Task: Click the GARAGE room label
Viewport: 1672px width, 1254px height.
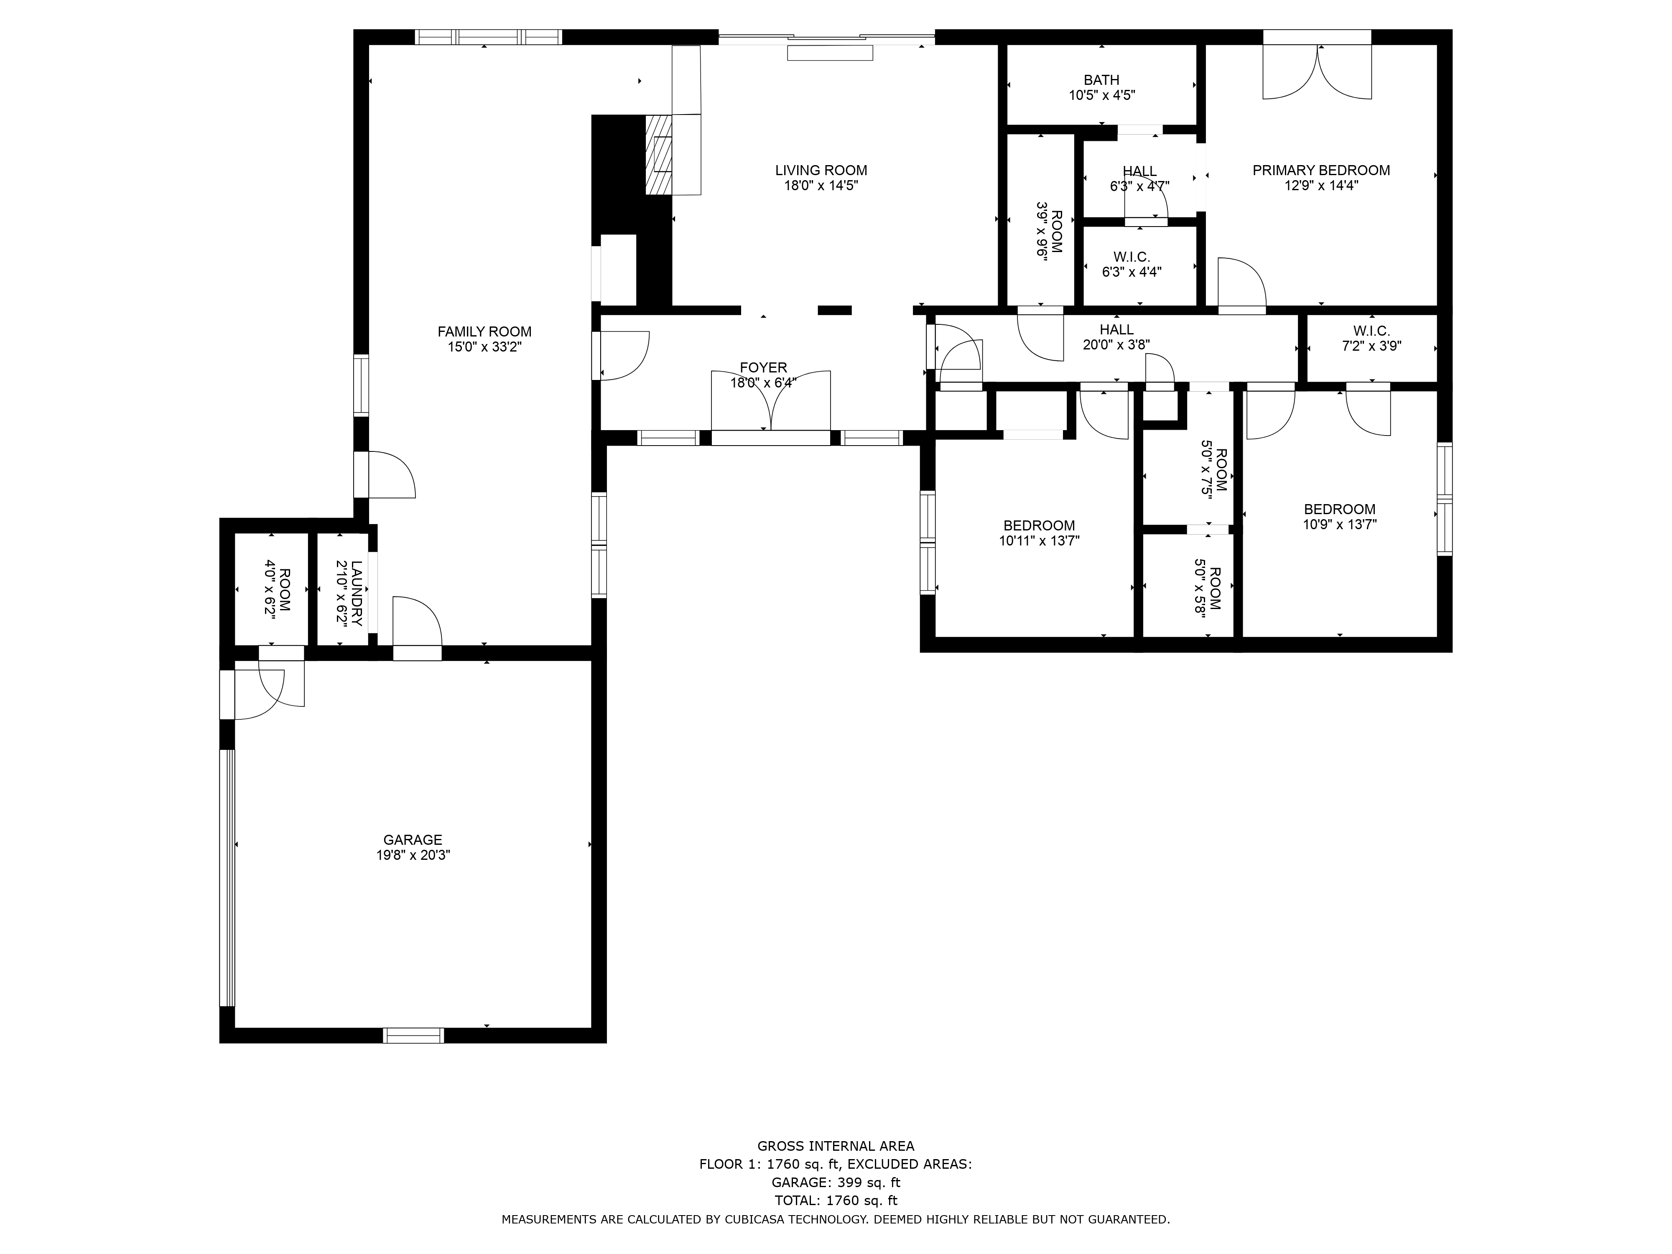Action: [413, 840]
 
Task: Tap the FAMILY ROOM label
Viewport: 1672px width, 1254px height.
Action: [484, 332]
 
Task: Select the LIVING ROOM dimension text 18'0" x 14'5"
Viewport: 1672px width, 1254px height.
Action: [821, 186]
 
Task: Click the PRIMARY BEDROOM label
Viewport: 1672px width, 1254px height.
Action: [1321, 171]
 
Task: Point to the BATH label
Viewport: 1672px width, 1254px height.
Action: [1101, 80]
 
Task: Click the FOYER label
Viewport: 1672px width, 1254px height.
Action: [763, 368]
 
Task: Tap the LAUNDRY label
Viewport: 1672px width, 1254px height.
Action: [357, 594]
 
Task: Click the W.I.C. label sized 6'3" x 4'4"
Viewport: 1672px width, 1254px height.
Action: [1132, 257]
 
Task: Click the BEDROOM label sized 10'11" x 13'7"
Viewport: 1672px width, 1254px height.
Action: [1039, 526]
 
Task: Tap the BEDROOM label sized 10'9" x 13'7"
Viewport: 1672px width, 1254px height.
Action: [1339, 510]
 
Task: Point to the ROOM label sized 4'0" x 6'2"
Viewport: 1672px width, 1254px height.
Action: [285, 590]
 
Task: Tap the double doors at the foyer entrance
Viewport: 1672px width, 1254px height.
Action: [771, 400]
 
